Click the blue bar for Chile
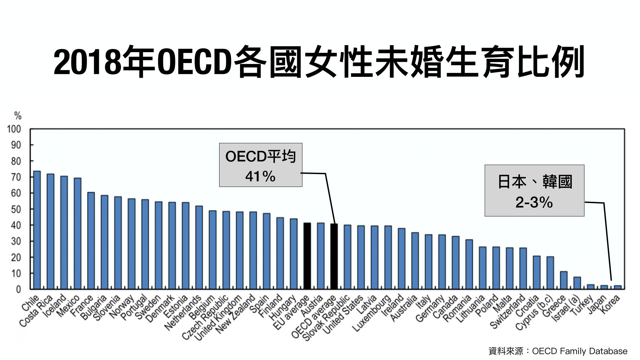(37, 230)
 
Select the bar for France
(91, 241)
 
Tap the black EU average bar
(307, 256)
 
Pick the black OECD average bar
(334, 256)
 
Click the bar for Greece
(564, 280)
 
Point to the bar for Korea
(618, 287)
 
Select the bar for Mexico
(77, 234)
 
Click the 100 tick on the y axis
(14, 129)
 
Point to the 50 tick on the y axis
(16, 209)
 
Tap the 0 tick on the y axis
(18, 289)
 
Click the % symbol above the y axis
(18, 116)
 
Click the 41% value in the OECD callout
(260, 176)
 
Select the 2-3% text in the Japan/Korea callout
(534, 202)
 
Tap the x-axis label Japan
(597, 304)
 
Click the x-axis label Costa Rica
(36, 311)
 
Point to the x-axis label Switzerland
(508, 312)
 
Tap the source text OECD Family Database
(579, 351)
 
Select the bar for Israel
(577, 283)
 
